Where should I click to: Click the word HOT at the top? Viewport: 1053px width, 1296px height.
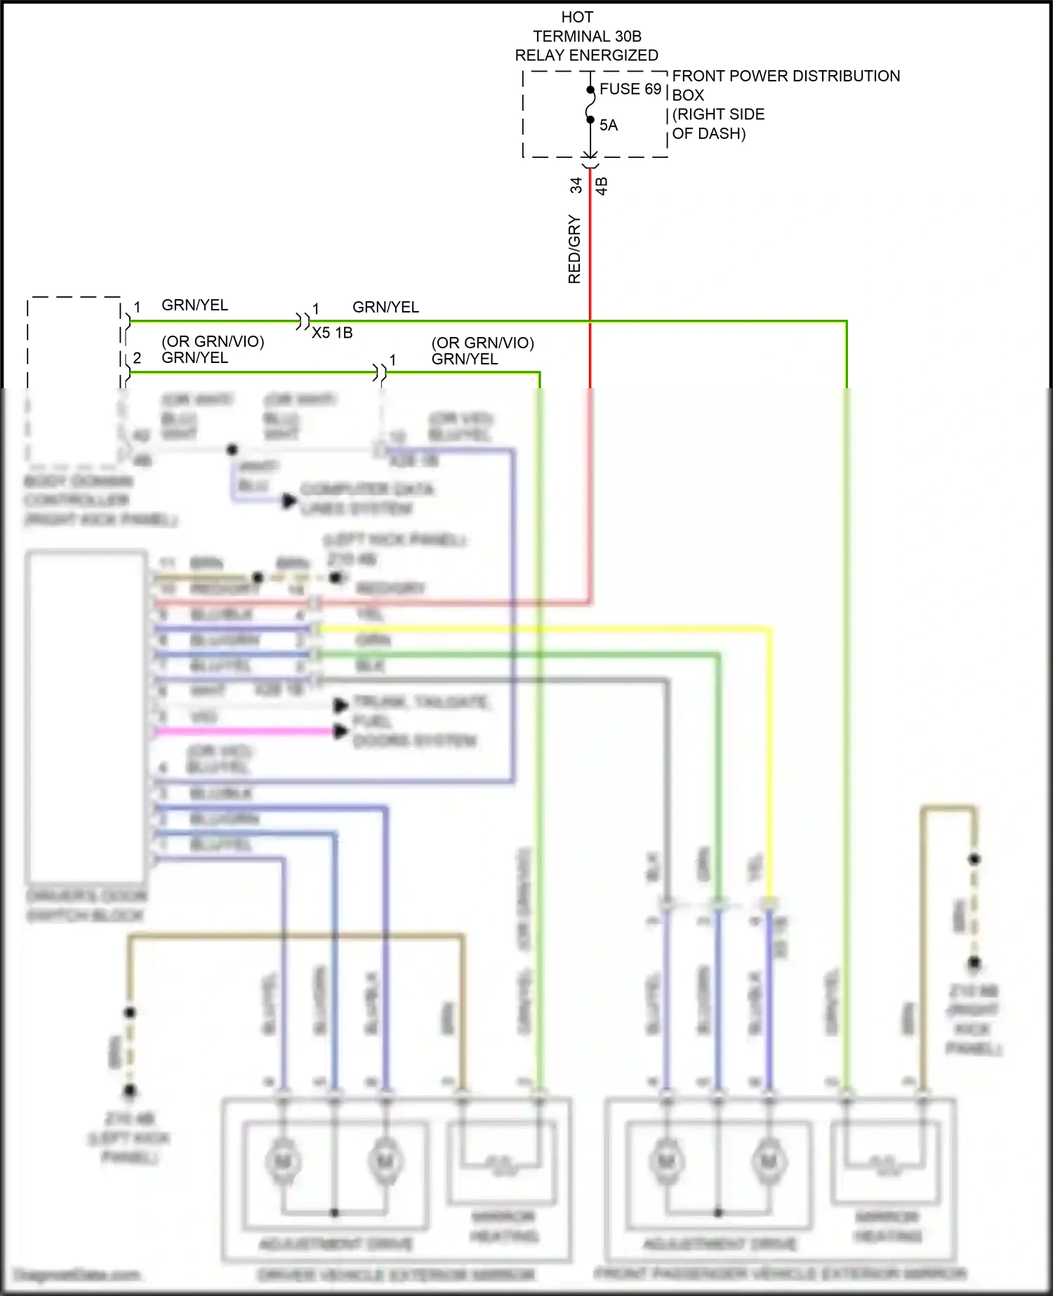(x=577, y=17)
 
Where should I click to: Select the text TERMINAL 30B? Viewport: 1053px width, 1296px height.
(x=587, y=36)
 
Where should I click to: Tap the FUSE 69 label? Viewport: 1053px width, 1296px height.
(x=630, y=89)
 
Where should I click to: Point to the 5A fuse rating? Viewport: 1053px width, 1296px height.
(x=608, y=126)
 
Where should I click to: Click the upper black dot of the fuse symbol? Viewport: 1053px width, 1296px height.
(x=590, y=90)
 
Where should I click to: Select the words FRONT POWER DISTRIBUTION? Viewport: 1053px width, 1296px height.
(x=786, y=76)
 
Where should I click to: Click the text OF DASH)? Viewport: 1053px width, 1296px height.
(x=708, y=133)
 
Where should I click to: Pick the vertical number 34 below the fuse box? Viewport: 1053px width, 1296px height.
(x=576, y=185)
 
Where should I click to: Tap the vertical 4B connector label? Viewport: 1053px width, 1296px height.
(x=602, y=186)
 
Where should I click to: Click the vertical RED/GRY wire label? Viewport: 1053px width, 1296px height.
(x=574, y=249)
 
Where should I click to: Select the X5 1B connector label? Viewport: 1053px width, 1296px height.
(x=332, y=333)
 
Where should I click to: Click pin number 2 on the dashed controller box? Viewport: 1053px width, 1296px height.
(x=137, y=358)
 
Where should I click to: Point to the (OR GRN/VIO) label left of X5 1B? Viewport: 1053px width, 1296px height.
(x=213, y=341)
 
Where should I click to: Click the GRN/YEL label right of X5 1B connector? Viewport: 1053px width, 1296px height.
(x=385, y=307)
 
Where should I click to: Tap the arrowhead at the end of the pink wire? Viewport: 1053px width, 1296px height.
(x=341, y=732)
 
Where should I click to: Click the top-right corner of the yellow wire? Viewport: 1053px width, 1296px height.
(x=770, y=629)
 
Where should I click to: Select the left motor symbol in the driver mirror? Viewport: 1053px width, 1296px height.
(x=283, y=1163)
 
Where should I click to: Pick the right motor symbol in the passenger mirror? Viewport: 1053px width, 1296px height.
(x=769, y=1163)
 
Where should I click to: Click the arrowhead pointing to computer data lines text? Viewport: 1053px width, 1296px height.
(x=289, y=501)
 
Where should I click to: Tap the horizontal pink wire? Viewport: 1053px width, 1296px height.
(x=246, y=732)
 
